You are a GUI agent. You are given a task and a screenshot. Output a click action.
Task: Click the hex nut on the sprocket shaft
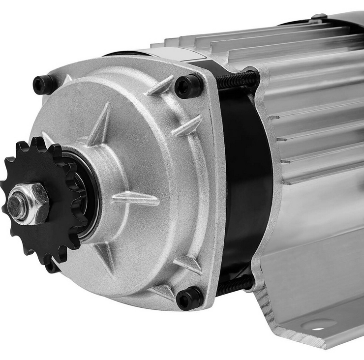[30, 202]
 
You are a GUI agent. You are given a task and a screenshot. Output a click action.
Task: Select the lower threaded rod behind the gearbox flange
[235, 285]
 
